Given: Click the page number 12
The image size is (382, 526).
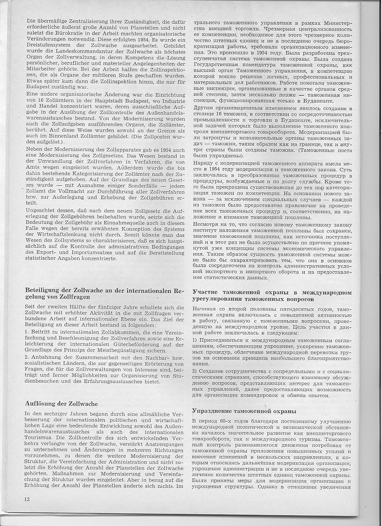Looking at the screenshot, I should (x=28, y=499).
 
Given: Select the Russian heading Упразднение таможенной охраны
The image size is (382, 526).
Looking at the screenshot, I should (x=244, y=411).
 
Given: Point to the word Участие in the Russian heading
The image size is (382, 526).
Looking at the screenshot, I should (x=206, y=293).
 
